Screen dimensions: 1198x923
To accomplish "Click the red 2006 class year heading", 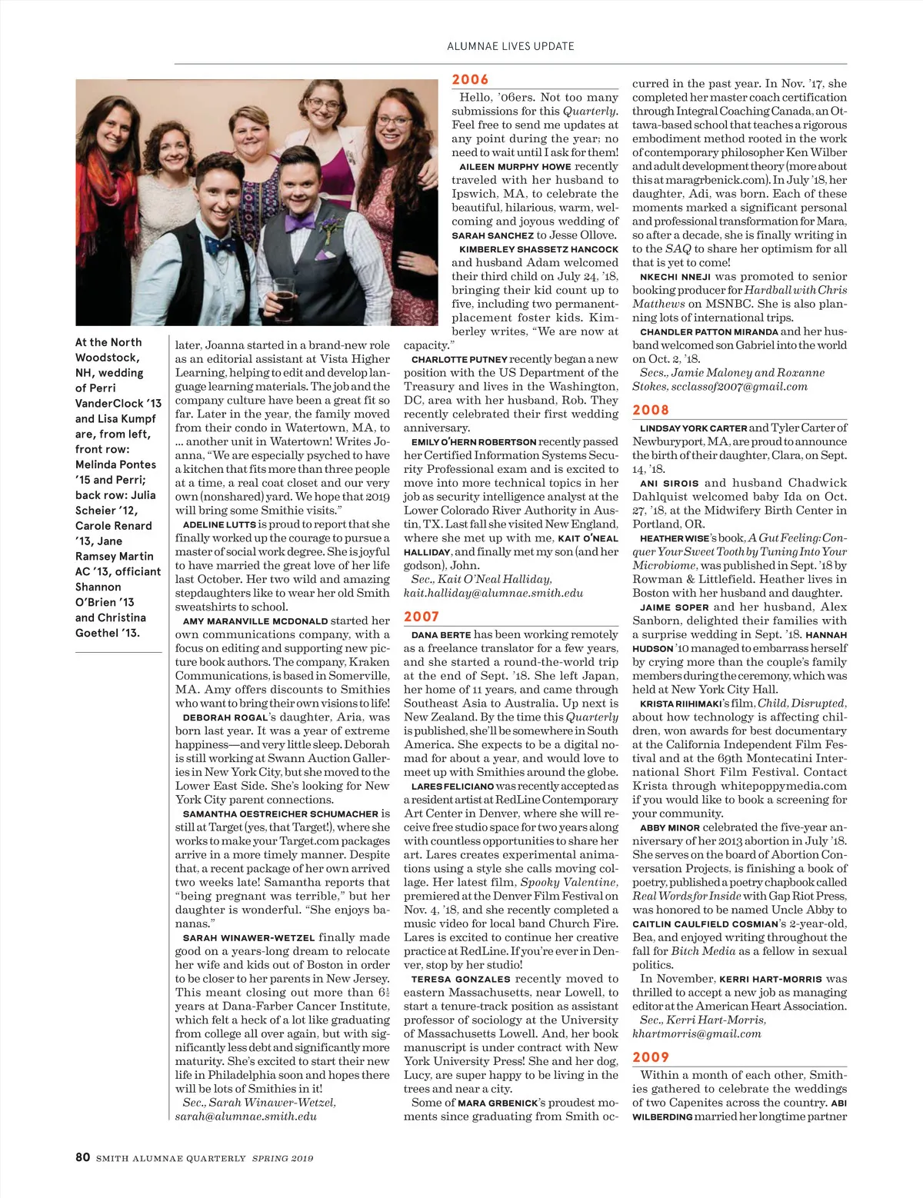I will (x=470, y=79).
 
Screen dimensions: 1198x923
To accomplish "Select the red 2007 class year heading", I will (x=422, y=617).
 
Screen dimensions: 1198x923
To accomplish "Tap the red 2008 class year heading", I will (x=651, y=410).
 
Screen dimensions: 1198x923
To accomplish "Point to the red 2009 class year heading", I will (x=651, y=1057).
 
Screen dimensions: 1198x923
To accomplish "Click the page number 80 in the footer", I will (x=83, y=1156).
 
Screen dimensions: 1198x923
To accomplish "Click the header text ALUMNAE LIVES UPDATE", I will (x=511, y=46).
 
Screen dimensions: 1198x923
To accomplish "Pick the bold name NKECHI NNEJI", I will (x=675, y=277).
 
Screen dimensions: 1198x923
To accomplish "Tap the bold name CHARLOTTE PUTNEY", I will (x=459, y=359).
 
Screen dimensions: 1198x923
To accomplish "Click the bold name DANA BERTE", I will (x=441, y=635).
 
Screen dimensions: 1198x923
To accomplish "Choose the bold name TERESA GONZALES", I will (x=461, y=979).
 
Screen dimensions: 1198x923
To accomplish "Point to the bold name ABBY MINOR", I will (x=669, y=827).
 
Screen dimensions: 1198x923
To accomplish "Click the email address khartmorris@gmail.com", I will (x=697, y=1033).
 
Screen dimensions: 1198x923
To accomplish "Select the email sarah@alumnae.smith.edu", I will (x=246, y=1116).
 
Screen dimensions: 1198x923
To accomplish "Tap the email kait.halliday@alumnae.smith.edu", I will (x=493, y=593).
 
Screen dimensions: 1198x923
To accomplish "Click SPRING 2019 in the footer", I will (x=283, y=1158).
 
